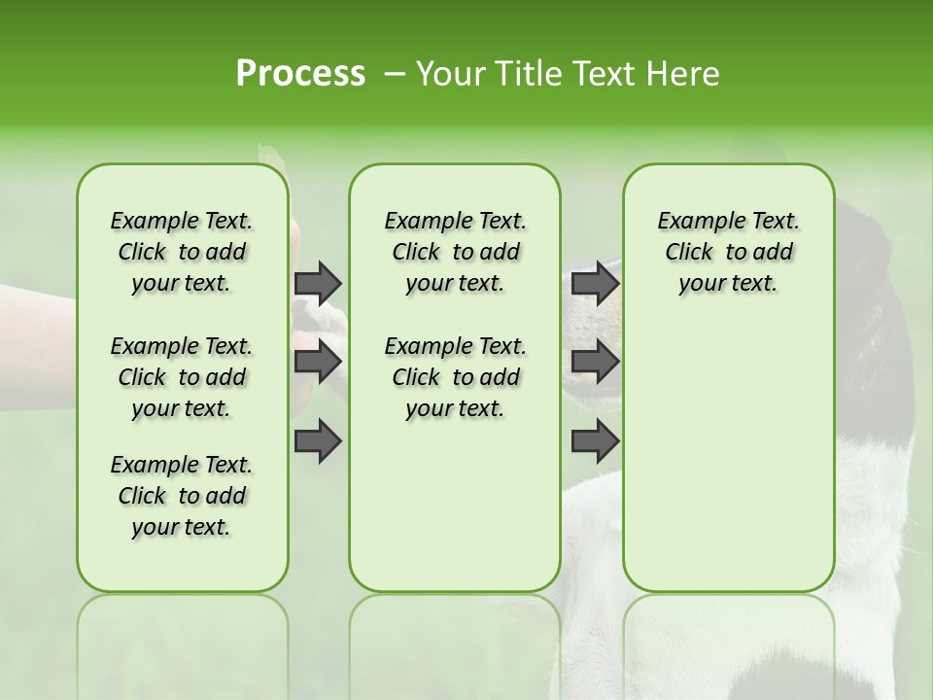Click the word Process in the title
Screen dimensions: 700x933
click(x=300, y=74)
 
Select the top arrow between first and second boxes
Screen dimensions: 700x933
click(x=318, y=283)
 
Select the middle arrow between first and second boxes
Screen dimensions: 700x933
click(x=318, y=362)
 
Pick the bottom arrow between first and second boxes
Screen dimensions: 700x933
click(x=318, y=440)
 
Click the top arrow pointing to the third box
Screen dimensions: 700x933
click(x=595, y=283)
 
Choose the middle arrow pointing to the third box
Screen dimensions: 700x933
click(x=595, y=362)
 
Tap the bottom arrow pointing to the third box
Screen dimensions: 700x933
click(x=595, y=440)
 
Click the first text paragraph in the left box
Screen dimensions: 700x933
click(x=182, y=252)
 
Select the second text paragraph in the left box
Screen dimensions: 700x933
click(x=182, y=377)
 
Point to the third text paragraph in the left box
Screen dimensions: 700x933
click(x=182, y=496)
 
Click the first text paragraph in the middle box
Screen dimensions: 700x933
click(x=455, y=252)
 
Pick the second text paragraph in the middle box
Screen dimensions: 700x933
click(x=455, y=377)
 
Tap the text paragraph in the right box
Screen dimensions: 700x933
click(x=728, y=252)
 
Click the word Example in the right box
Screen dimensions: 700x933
click(x=692, y=221)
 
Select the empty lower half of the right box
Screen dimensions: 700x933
click(x=728, y=457)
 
